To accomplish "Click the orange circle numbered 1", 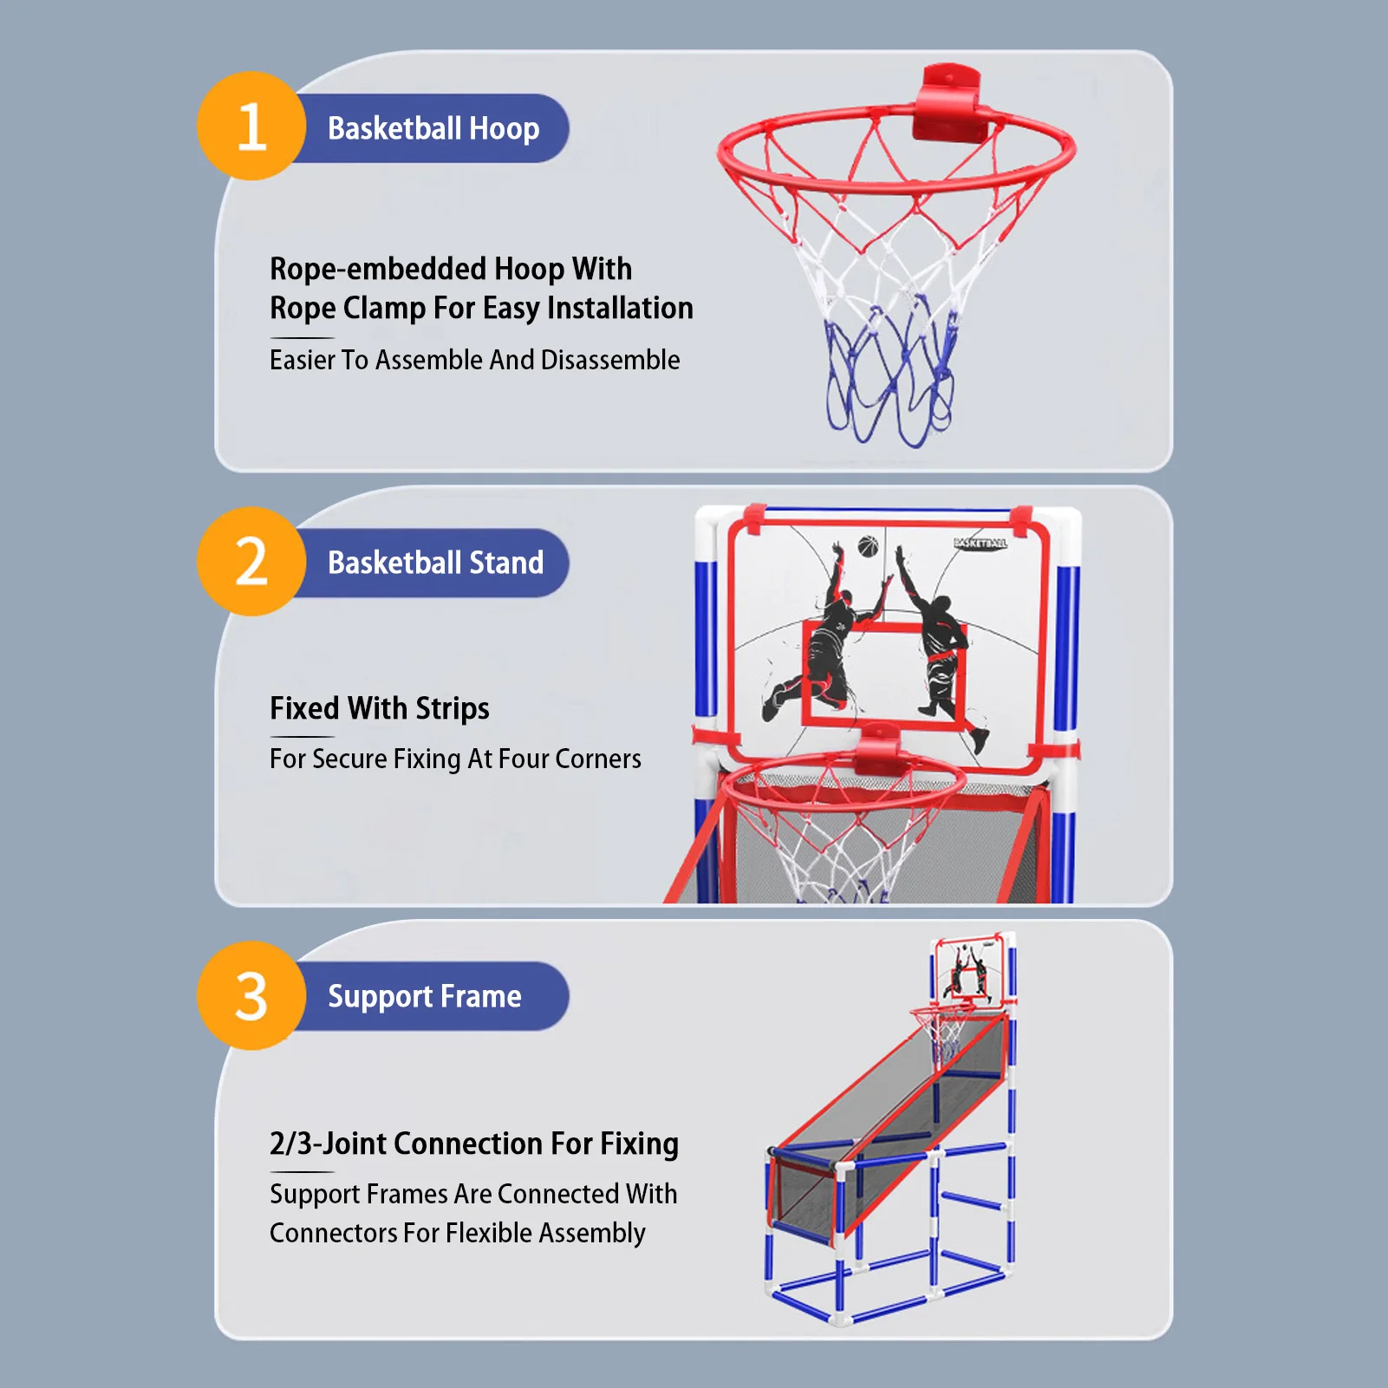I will [251, 127].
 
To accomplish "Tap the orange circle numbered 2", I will [251, 562].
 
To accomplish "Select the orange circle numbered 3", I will [251, 996].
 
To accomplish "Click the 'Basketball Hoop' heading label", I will [433, 128].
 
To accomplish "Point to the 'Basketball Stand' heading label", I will [435, 563].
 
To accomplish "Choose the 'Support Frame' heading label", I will [424, 996].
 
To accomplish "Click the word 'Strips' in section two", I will [453, 708].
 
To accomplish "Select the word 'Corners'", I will [598, 759].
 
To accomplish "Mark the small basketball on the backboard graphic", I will [868, 546].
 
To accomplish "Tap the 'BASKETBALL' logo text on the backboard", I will [981, 543].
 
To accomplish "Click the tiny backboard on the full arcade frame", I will [971, 969].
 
